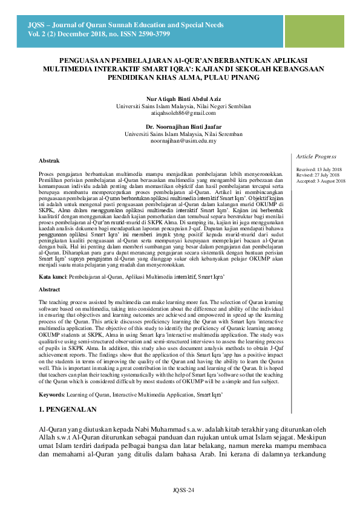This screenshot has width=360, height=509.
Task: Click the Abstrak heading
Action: pos(49,161)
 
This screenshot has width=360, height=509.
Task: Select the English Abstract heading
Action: pos(50,290)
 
